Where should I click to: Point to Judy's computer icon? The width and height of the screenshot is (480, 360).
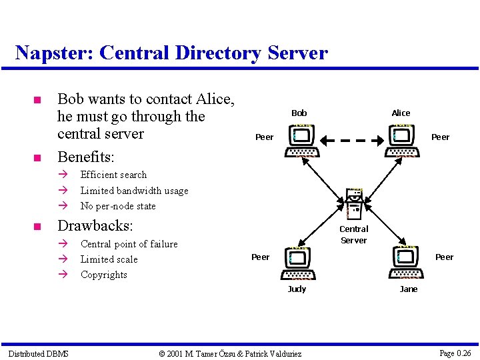point(300,263)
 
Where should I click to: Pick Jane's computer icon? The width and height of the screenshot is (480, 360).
point(406,263)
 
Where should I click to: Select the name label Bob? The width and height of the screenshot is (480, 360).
point(299,113)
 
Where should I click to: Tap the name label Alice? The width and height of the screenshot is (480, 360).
point(401,113)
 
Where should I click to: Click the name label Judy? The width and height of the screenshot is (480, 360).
point(297,289)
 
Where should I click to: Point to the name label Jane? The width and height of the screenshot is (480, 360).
point(409,289)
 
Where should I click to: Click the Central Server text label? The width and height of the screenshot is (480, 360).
point(354,235)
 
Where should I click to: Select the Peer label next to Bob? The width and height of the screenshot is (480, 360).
point(265,137)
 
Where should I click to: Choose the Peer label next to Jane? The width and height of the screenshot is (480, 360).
point(444,257)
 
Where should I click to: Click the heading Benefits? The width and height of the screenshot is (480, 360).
point(86,157)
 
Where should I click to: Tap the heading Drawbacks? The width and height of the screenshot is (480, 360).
point(95,225)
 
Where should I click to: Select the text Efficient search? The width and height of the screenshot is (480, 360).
point(113,175)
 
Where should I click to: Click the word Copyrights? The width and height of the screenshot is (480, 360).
point(103,275)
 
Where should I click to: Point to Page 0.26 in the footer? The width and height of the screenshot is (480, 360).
point(455,353)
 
